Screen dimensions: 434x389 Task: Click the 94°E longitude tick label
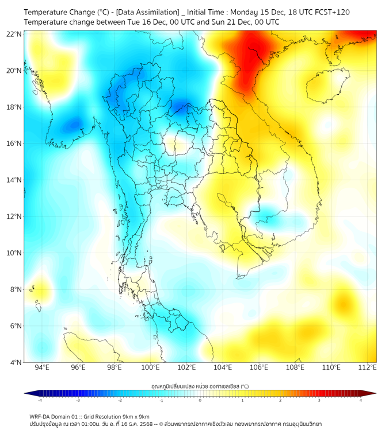click(42, 367)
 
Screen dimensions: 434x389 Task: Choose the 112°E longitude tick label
click(368, 367)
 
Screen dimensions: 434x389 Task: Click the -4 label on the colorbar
click(40, 400)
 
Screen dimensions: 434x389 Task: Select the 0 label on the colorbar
click(200, 400)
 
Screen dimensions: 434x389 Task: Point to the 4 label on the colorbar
click(360, 400)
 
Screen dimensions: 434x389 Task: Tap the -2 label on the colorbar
click(120, 400)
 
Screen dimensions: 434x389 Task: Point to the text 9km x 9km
click(136, 416)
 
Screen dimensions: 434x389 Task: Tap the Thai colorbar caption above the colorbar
click(200, 386)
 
